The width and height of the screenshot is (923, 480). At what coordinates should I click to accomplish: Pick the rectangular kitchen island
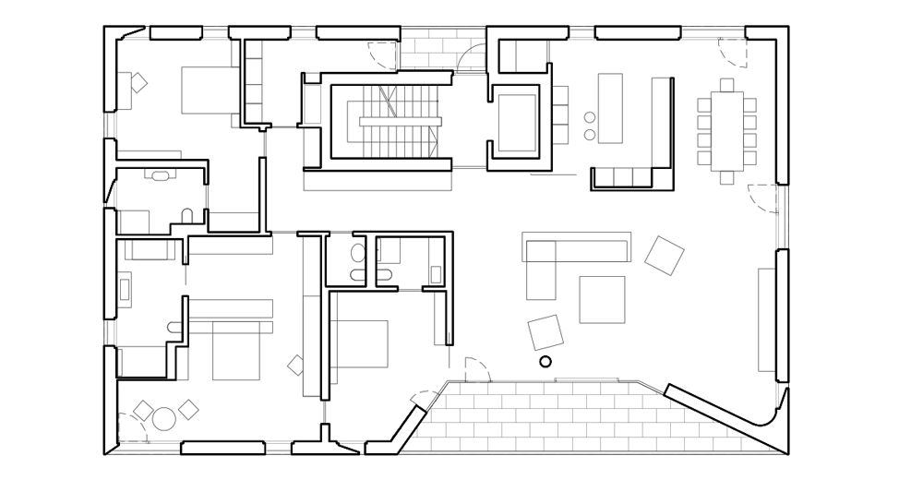coord(611,108)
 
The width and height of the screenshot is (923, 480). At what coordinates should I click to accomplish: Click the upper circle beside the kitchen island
coord(589,117)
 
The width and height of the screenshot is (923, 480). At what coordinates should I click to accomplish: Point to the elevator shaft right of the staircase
coord(515,123)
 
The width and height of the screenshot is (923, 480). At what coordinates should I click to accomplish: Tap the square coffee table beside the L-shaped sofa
coord(602,299)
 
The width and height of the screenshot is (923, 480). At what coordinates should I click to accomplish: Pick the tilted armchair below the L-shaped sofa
coord(546,331)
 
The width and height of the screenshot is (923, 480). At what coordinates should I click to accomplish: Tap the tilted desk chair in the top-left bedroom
coord(138,82)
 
